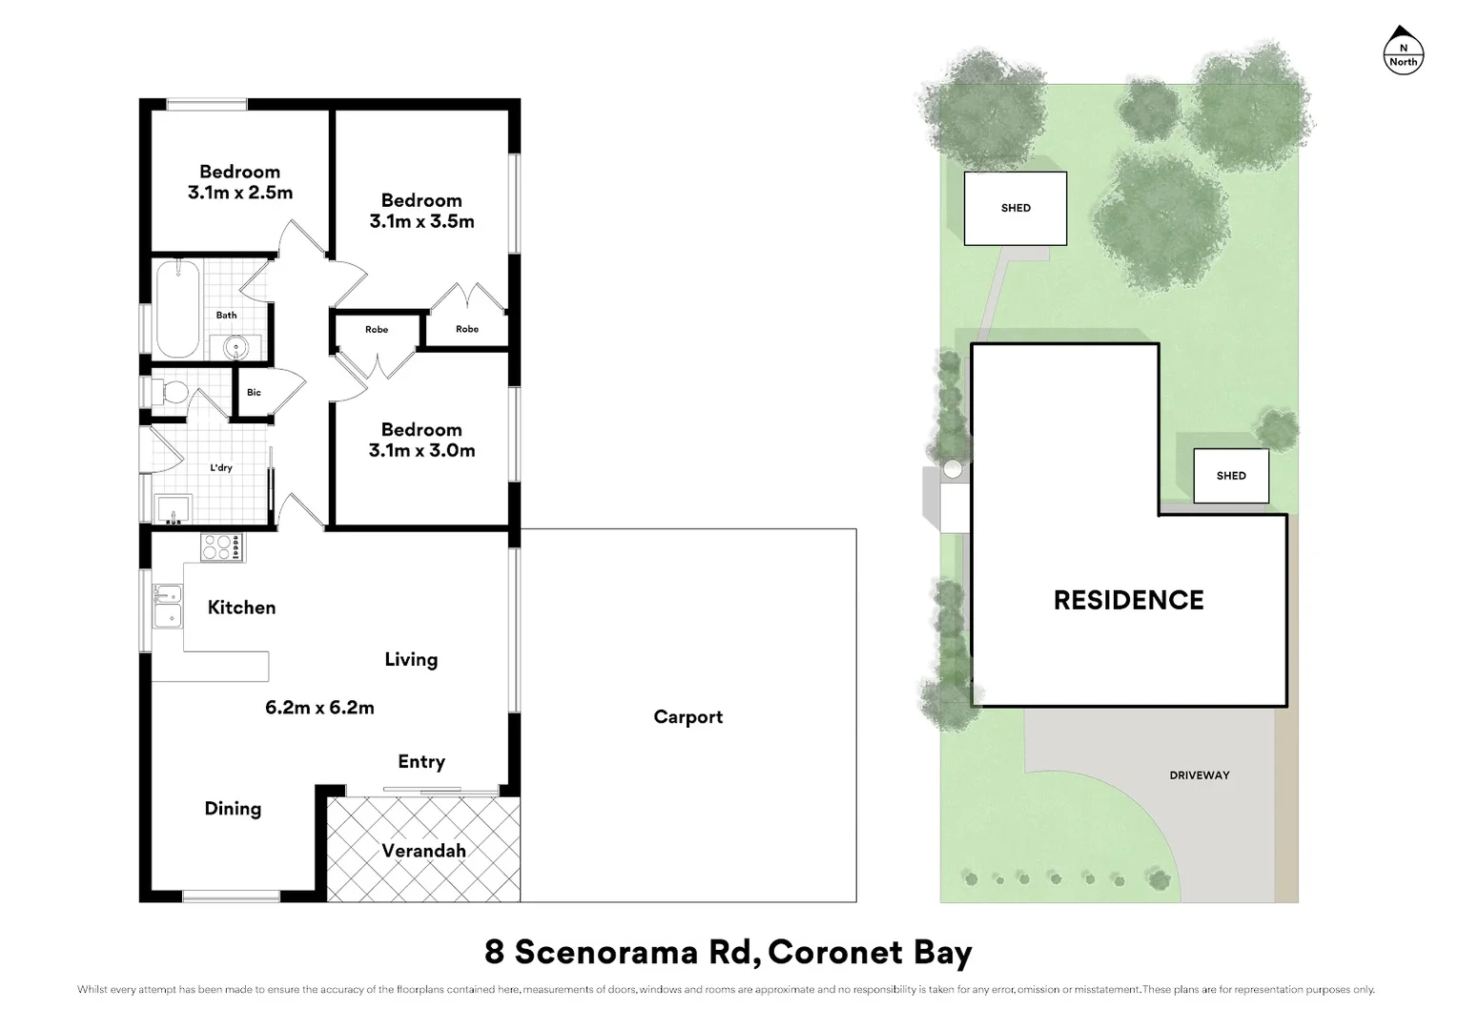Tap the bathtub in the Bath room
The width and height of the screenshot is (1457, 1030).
point(177,309)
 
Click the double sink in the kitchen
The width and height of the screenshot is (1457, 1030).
point(168,607)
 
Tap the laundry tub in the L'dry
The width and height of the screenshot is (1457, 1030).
point(174,509)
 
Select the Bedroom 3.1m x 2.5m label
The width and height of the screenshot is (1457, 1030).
point(240,182)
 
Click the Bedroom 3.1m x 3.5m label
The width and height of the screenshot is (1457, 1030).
point(421,211)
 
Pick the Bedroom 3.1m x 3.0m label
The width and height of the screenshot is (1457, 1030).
point(421,440)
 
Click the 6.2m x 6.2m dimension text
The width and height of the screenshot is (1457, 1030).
point(319,708)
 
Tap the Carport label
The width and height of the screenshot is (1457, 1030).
point(687,717)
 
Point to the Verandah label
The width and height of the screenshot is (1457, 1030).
point(423,851)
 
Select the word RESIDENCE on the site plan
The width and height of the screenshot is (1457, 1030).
point(1128,600)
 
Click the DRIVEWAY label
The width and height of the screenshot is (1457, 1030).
point(1199,775)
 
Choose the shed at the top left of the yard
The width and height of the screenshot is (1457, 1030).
point(1016,208)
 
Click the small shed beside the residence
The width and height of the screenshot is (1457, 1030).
point(1231,476)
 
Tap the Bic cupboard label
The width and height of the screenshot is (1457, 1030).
point(254,392)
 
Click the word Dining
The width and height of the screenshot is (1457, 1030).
point(233,809)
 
